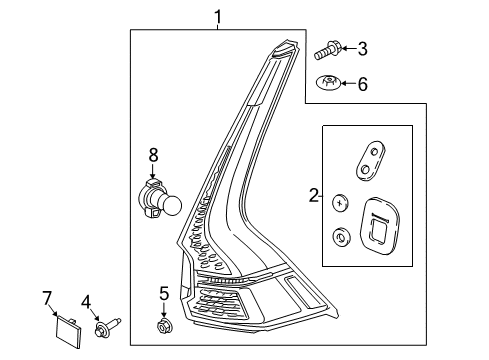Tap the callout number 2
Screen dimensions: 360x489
(312, 196)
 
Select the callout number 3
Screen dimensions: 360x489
(362, 47)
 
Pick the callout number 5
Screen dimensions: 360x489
(164, 293)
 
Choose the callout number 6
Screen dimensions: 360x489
(362, 84)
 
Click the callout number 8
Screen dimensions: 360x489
(153, 155)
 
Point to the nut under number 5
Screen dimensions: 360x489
(165, 325)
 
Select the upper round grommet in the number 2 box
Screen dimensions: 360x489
(340, 202)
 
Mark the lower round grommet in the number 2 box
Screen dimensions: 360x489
(340, 237)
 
